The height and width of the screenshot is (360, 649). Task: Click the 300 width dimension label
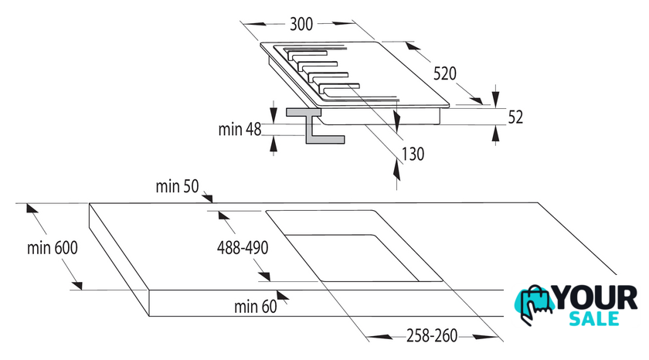coord(301,24)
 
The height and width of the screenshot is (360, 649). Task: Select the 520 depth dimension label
coord(445,73)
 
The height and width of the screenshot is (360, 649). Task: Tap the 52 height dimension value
coord(515,117)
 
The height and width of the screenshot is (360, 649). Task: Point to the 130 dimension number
coord(413,154)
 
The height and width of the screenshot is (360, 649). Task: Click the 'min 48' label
coord(240,130)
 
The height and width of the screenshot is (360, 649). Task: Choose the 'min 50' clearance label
coord(177,187)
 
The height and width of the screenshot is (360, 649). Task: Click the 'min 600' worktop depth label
coord(53,248)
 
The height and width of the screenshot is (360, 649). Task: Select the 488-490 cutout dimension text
coord(243,248)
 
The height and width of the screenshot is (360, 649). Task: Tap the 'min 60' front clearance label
coord(256,307)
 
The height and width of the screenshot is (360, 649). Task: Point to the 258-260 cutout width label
coord(432,335)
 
